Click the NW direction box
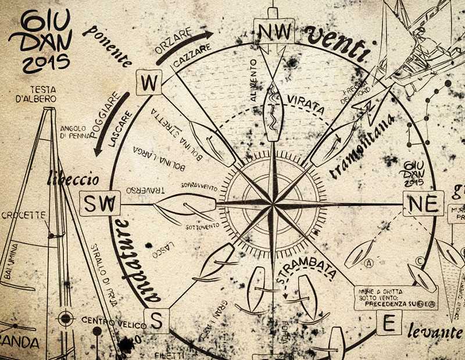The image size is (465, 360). (274, 34)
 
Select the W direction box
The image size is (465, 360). (149, 84)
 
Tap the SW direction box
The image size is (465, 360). (102, 204)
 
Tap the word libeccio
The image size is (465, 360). (73, 178)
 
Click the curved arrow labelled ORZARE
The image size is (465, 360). (183, 47)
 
